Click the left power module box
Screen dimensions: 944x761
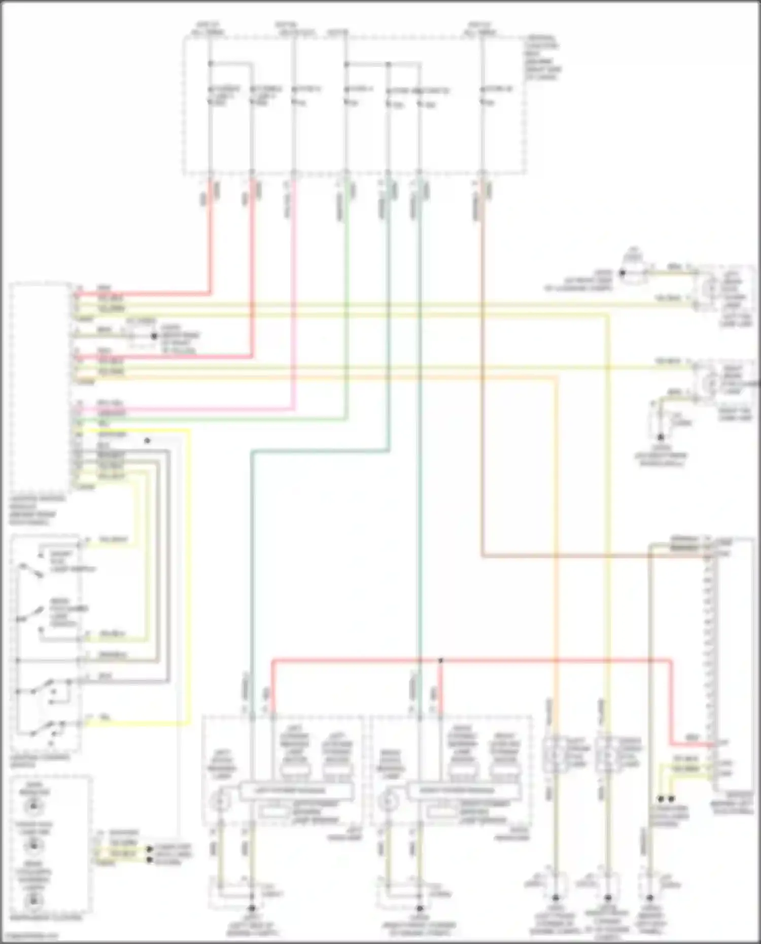(296, 790)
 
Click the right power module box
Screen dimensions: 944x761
(465, 790)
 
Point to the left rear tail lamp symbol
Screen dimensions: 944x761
(707, 288)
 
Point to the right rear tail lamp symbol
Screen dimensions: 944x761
(707, 381)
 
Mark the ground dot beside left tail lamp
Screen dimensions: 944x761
(622, 273)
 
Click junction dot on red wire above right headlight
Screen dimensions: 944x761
(440, 660)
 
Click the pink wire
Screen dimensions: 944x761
(294, 304)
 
